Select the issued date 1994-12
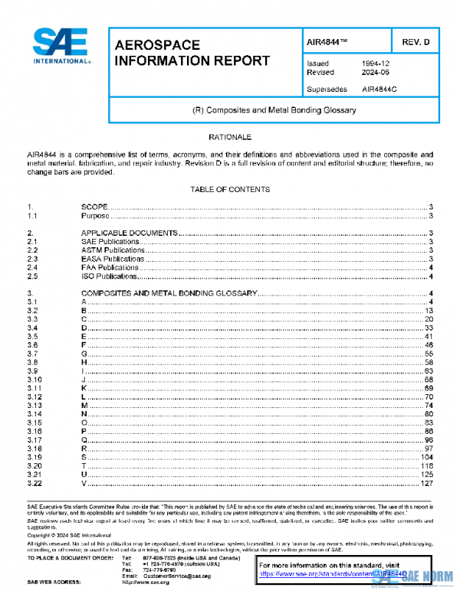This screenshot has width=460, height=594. [375, 64]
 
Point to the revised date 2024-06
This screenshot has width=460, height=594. [375, 73]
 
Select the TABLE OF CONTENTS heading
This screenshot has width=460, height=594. [230, 189]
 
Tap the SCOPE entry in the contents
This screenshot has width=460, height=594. [94, 207]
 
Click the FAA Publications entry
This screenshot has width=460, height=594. [110, 268]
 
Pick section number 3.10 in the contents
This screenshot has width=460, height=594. [34, 380]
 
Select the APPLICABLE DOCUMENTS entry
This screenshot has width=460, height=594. [130, 233]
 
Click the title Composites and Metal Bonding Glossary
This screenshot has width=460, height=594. [274, 110]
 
